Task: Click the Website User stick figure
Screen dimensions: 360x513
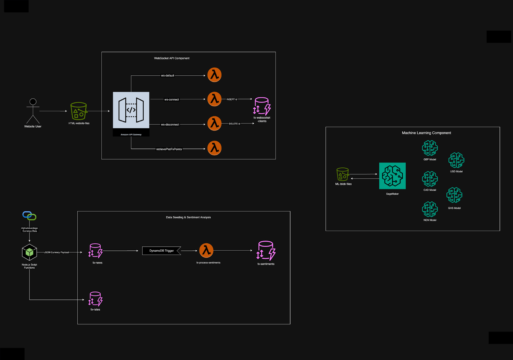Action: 33,111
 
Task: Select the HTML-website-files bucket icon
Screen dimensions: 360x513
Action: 79,111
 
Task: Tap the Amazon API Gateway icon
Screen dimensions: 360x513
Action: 131,110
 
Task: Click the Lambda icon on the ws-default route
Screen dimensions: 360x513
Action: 214,75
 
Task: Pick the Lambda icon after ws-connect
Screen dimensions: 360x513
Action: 214,99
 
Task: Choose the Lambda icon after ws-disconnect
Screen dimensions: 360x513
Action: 214,123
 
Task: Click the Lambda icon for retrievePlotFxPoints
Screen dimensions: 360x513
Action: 214,148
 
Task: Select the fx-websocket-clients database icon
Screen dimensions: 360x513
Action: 262,106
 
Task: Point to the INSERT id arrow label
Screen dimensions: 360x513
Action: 232,99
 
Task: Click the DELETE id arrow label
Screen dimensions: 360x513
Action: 234,124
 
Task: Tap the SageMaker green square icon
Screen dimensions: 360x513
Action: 392,176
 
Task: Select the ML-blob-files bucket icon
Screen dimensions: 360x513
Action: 342,174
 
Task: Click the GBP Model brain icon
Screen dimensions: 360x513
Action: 430,148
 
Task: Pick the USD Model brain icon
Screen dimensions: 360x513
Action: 456,160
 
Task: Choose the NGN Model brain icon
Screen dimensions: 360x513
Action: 430,209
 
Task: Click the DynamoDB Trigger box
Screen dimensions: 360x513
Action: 162,251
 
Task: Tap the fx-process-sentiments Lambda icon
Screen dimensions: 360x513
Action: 206,250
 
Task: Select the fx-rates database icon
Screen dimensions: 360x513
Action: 95,299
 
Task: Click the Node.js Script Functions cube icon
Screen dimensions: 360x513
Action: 29,252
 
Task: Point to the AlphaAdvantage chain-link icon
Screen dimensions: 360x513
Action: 29,216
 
